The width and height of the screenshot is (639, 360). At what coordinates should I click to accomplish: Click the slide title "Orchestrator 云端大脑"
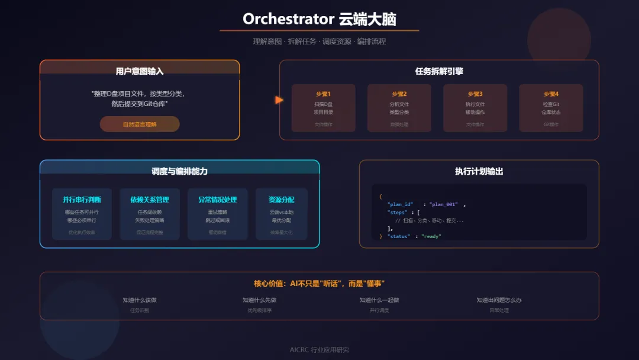[x=319, y=19]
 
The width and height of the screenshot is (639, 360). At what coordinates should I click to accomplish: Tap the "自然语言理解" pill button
[x=140, y=124]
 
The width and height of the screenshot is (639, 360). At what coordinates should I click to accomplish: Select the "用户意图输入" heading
[x=140, y=71]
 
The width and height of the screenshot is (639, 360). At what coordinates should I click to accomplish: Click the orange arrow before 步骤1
[x=279, y=100]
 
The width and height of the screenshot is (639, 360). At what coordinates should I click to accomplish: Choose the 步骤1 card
[x=324, y=108]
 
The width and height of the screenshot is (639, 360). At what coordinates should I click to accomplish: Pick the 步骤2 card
[x=399, y=108]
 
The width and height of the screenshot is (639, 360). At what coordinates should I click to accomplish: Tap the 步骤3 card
[x=475, y=108]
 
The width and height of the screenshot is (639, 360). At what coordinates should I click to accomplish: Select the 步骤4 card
[x=551, y=108]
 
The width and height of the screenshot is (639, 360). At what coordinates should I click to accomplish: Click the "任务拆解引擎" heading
[x=439, y=71]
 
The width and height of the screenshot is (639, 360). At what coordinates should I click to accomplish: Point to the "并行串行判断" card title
[x=82, y=200]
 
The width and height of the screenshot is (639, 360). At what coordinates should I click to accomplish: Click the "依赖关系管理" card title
[x=150, y=200]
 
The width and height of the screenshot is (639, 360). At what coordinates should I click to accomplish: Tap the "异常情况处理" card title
[x=217, y=200]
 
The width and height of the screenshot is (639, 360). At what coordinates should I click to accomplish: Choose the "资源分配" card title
[x=282, y=200]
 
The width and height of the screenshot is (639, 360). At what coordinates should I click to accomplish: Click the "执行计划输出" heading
[x=479, y=171]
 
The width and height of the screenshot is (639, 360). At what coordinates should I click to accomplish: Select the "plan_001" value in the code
[x=444, y=204]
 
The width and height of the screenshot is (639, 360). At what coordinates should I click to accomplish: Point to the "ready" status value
[x=431, y=236]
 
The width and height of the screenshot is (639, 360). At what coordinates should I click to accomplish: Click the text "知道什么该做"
[x=140, y=300]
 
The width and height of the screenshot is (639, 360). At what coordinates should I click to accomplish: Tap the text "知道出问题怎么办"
[x=499, y=300]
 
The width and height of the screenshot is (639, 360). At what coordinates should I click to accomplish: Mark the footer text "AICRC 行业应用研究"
[x=319, y=349]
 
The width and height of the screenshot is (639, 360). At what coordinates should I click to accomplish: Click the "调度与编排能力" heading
[x=179, y=171]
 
